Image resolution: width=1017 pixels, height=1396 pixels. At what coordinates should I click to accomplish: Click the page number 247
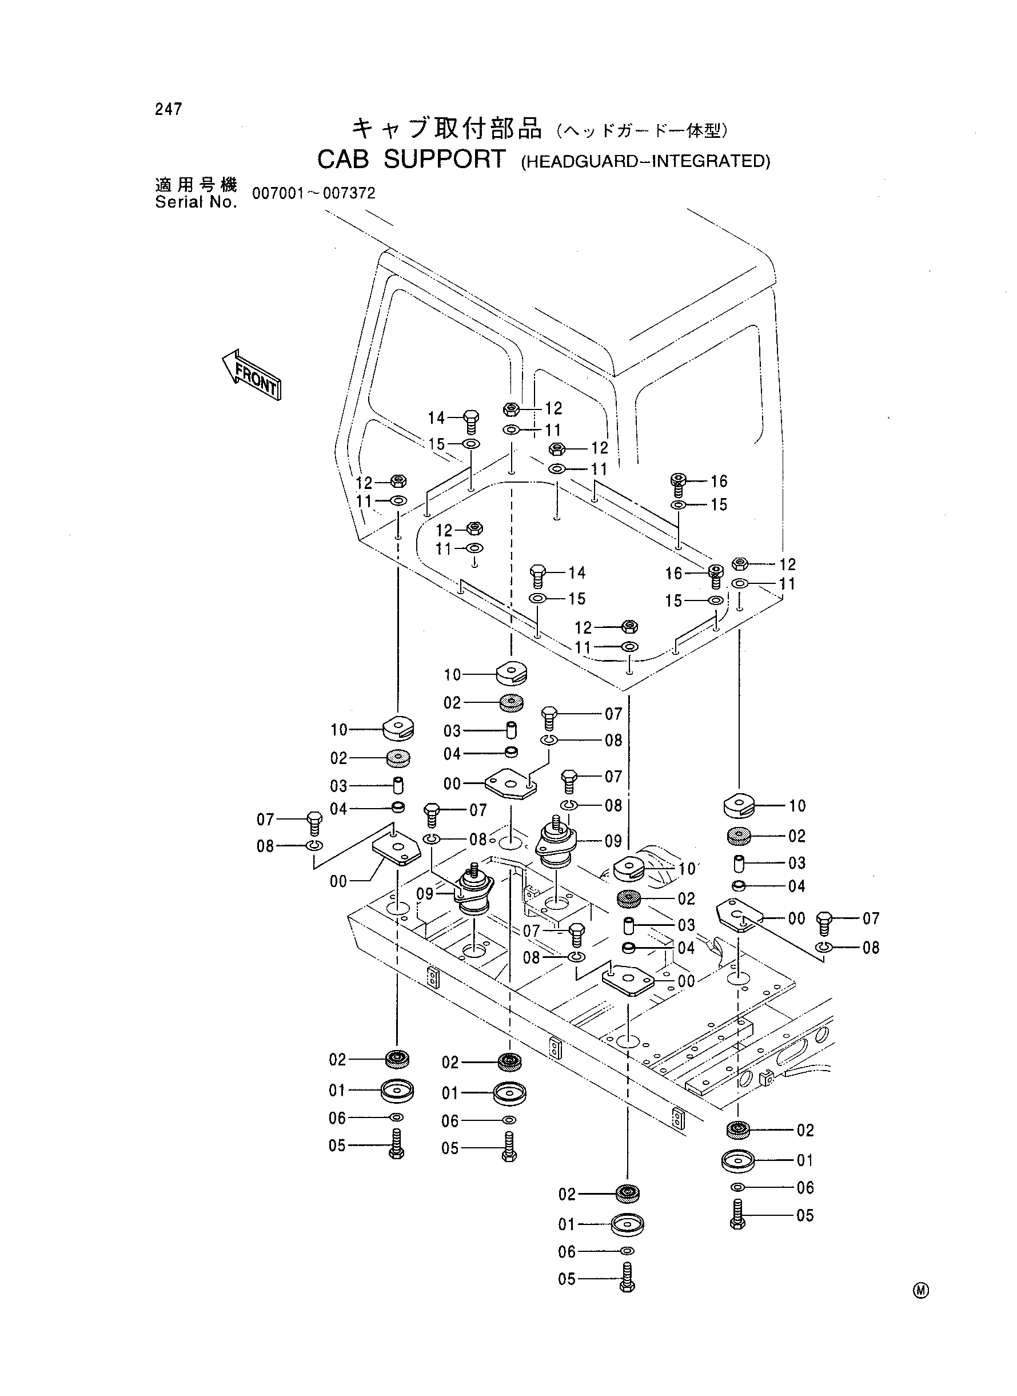pos(169,110)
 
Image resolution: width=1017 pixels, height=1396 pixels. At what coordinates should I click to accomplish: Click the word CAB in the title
pos(343,160)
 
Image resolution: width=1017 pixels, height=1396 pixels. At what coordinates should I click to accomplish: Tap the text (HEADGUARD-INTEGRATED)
pos(646,161)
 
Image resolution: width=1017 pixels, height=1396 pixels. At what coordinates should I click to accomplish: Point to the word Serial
pos(178,202)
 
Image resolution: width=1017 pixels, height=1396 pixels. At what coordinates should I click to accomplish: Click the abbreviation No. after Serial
pos(222,202)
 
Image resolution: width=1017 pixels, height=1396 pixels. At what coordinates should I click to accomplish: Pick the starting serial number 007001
pos(278,193)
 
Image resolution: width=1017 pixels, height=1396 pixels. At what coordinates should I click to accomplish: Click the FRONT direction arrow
pos(251,376)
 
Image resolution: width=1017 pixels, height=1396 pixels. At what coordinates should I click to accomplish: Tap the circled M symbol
pos(921,1291)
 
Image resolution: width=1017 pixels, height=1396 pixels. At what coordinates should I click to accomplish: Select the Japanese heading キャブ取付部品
pos(447,128)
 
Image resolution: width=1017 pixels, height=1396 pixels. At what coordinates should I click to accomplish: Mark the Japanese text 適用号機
pos(196,185)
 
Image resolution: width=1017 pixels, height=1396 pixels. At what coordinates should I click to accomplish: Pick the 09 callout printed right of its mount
pos(613,841)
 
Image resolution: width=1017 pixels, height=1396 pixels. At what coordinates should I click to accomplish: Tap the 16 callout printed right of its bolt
pos(719,481)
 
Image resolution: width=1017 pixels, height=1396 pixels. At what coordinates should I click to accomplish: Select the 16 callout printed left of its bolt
pos(674,574)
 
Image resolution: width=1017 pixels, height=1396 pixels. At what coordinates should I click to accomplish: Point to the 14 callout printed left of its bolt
pos(437,418)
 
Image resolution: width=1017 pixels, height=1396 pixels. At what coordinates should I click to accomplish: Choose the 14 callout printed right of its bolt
pos(577,572)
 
